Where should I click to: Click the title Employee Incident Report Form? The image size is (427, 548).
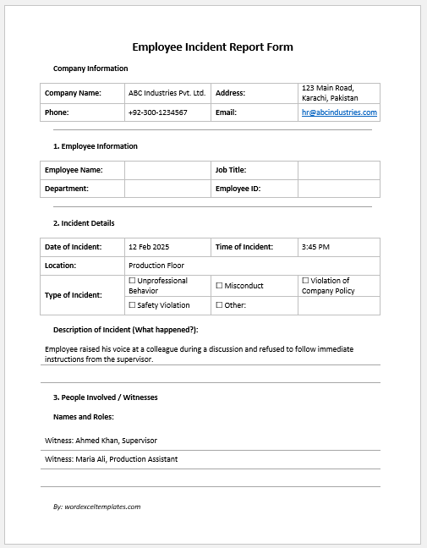click(x=213, y=47)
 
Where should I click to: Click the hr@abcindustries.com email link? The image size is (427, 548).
click(x=339, y=112)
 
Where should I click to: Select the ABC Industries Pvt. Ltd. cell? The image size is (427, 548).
click(x=167, y=93)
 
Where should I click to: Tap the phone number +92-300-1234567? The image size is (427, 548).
click(x=158, y=112)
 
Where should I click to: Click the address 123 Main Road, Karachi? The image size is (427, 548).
click(x=330, y=93)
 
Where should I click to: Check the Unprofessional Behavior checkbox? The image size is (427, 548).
click(x=132, y=281)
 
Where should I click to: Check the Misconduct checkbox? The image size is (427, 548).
click(x=219, y=286)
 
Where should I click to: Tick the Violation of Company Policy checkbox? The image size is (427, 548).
click(x=305, y=281)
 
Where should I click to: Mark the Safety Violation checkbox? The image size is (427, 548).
click(x=132, y=305)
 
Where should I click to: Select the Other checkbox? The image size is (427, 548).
click(x=219, y=305)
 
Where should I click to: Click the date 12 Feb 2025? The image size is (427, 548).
click(x=149, y=247)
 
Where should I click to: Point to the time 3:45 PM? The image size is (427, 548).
click(x=315, y=247)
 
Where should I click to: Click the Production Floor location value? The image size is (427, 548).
click(x=156, y=266)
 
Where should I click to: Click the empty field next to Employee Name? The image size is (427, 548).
click(x=167, y=170)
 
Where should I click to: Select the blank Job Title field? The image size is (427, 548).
click(x=338, y=170)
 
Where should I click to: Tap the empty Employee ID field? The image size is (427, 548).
click(x=338, y=189)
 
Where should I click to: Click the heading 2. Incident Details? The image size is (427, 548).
click(x=84, y=223)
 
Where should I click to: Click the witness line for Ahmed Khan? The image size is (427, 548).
click(x=101, y=441)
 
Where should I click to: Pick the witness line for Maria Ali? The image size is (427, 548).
click(x=111, y=459)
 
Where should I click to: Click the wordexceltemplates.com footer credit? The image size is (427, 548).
click(x=96, y=507)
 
